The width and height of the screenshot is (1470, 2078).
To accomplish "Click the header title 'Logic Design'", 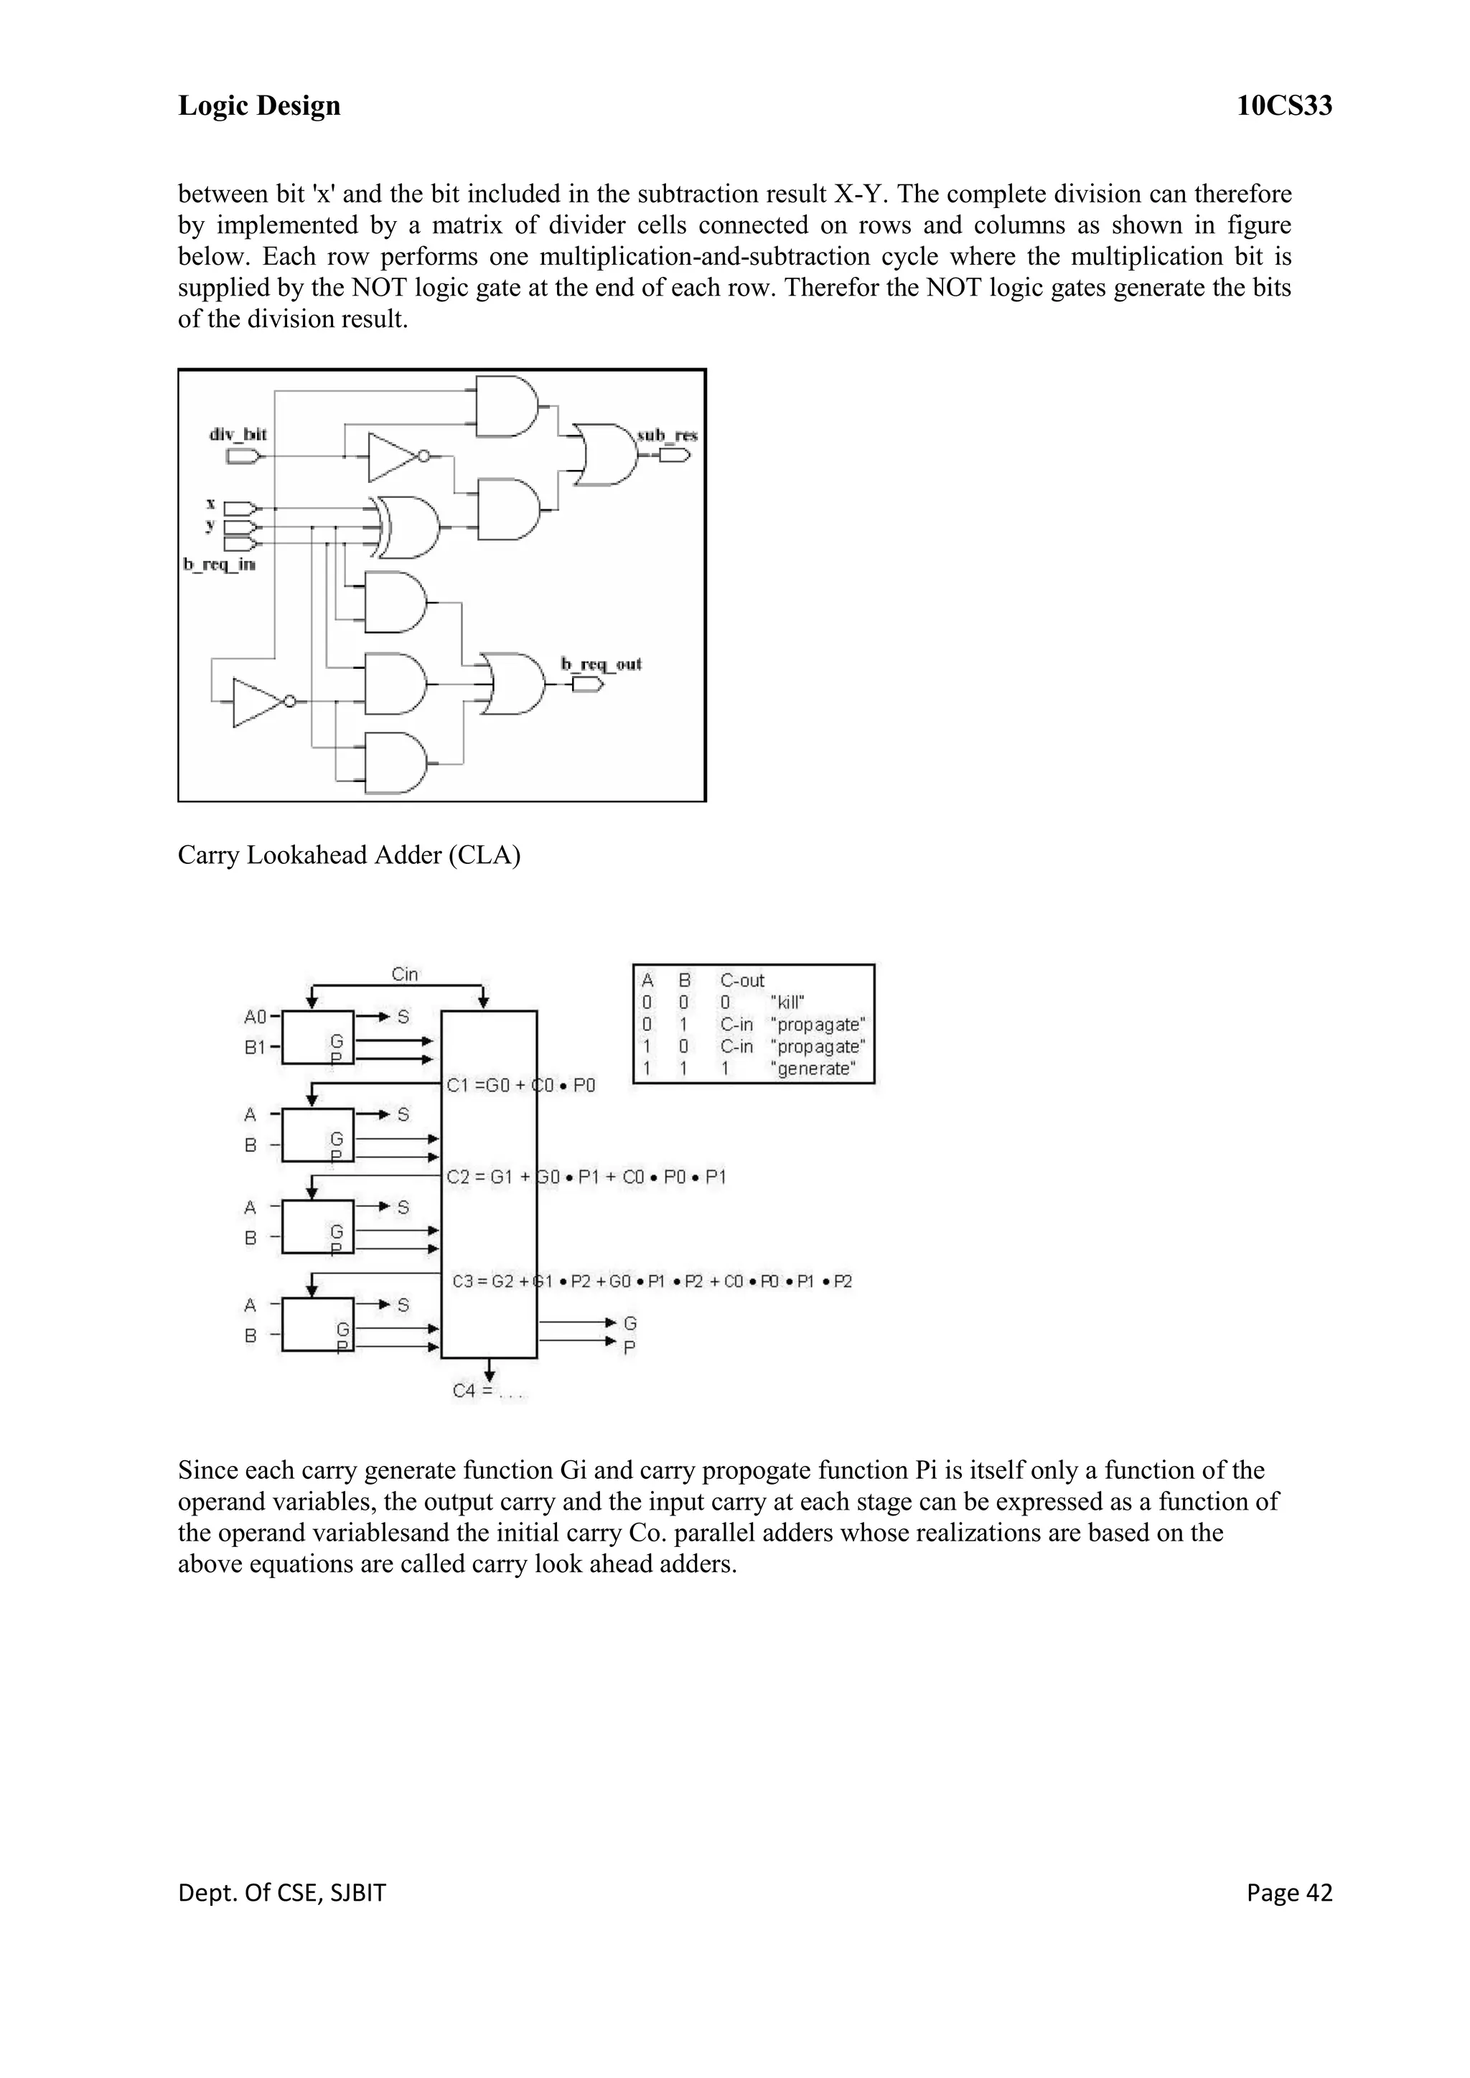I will coord(259,106).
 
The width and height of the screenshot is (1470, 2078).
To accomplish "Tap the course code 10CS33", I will coord(1283,106).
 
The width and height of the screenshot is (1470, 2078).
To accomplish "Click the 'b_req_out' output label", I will coord(601,664).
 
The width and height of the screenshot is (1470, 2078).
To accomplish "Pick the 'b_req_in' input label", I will coord(219,565).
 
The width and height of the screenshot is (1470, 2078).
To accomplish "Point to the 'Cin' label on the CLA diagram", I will coord(405,974).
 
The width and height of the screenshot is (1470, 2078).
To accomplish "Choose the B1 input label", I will coord(256,1047).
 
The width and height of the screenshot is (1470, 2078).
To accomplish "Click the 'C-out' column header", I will coord(742,980).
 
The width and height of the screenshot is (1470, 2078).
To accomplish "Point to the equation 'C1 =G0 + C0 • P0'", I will coord(521,1085).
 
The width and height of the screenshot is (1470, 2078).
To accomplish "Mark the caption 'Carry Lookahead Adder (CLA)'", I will coord(349,855).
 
